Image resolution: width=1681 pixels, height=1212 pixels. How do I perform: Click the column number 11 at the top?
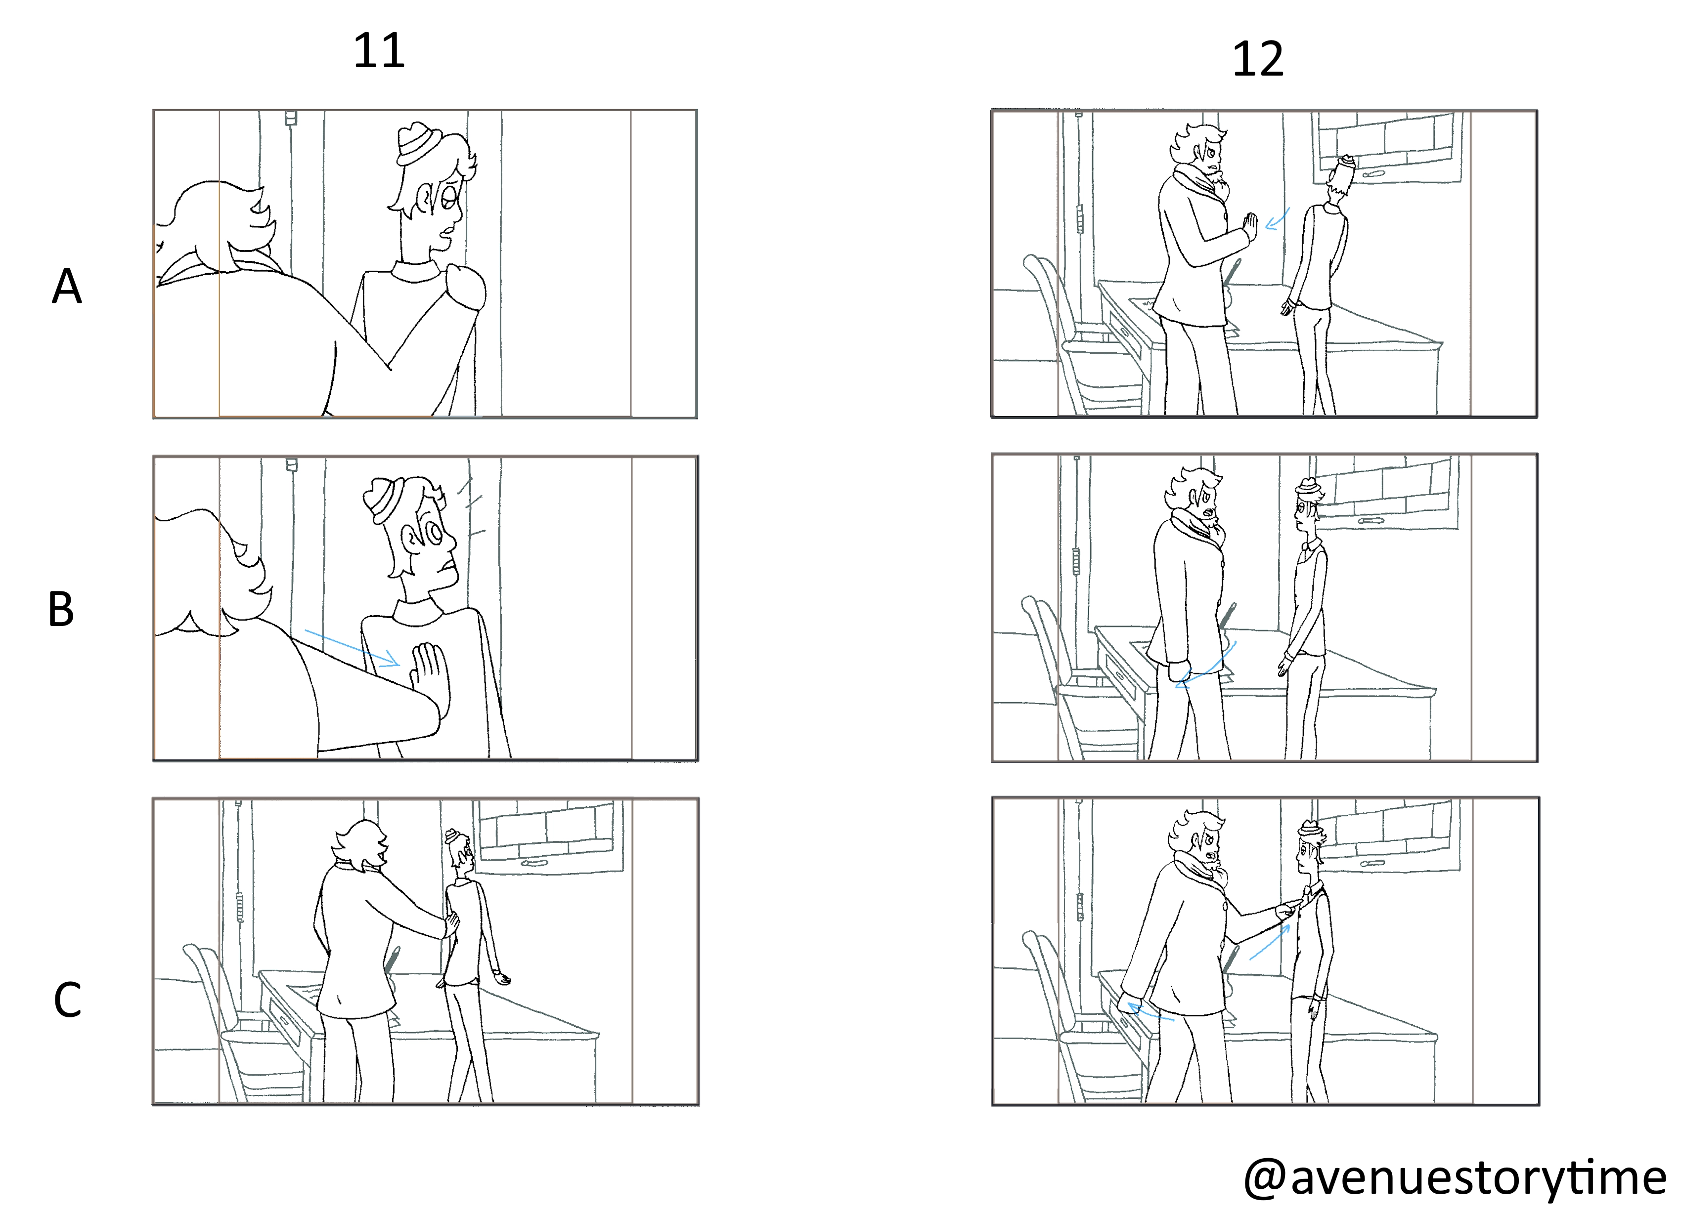tap(379, 51)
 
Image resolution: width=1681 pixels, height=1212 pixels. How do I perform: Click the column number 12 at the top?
tap(1257, 59)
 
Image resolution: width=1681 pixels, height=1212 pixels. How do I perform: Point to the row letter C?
tap(67, 1000)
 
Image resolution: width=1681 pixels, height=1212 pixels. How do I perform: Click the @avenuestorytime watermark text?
tap(1454, 1177)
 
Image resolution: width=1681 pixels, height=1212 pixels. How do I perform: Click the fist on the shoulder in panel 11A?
tap(465, 288)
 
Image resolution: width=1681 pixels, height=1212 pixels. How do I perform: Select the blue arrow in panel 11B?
tap(353, 648)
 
